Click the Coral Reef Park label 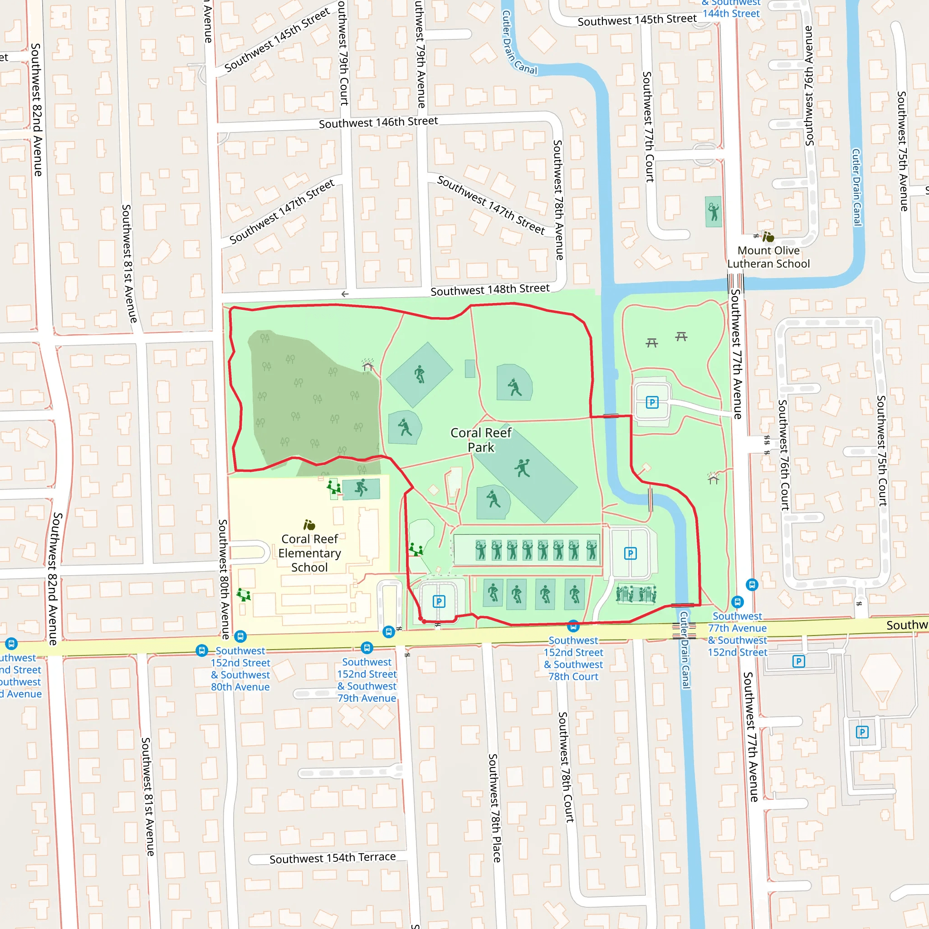click(x=481, y=440)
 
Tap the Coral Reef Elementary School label click(x=310, y=553)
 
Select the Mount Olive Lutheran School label click(x=768, y=257)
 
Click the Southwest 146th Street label click(x=378, y=122)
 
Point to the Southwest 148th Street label click(x=489, y=289)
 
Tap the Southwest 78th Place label click(x=495, y=808)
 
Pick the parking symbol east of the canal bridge click(x=652, y=402)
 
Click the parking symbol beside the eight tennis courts click(x=631, y=553)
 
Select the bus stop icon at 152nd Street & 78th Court click(x=573, y=626)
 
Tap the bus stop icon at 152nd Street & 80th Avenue click(x=240, y=636)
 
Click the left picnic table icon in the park click(x=651, y=342)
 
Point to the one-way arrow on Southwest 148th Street click(x=345, y=294)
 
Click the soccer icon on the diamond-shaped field click(x=420, y=374)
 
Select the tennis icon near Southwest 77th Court click(x=713, y=211)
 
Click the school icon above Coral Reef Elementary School click(x=309, y=525)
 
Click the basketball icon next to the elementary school click(x=361, y=489)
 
